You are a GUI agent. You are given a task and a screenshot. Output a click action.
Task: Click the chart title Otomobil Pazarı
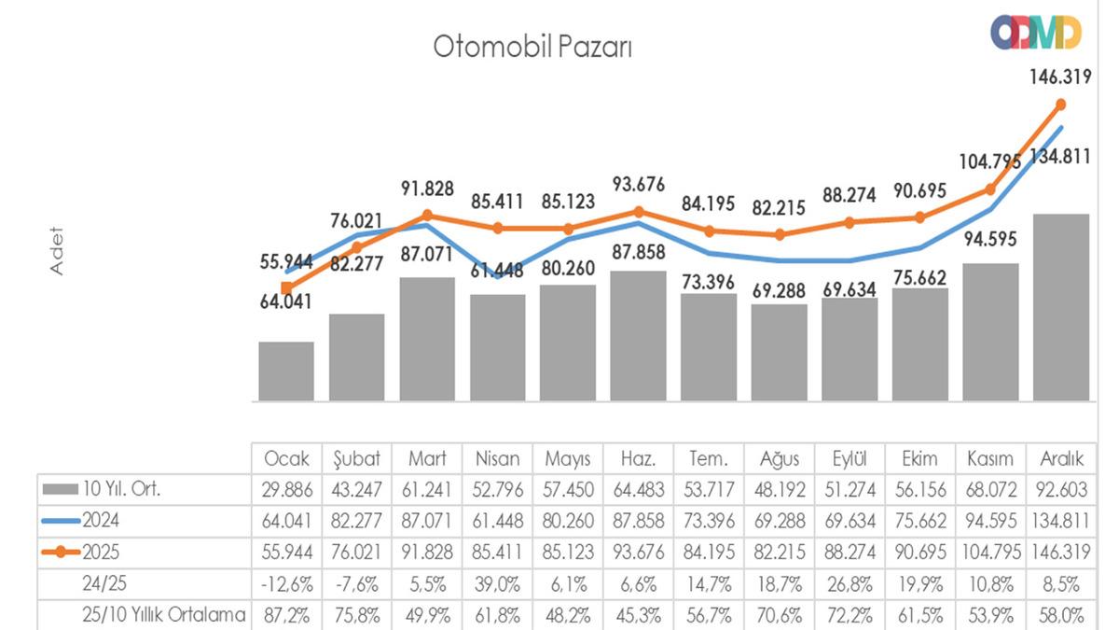[x=532, y=47]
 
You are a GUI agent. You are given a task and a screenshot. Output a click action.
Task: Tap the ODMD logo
[x=1035, y=33]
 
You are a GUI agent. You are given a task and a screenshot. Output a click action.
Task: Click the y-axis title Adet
[x=57, y=250]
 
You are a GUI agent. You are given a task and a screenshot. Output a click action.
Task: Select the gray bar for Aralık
[x=1061, y=308]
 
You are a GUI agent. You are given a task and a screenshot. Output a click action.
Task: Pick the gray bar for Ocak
[x=286, y=371]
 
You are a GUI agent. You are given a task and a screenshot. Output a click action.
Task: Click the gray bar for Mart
[x=427, y=340]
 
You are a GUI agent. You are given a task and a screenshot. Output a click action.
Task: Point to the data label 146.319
[x=1060, y=77]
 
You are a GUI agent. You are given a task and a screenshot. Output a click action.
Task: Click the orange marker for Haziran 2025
[x=639, y=212]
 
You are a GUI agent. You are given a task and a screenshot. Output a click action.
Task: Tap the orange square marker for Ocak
[x=286, y=287]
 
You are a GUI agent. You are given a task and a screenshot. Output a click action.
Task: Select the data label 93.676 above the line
[x=639, y=185]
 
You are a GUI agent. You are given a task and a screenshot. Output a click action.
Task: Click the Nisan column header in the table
[x=498, y=459]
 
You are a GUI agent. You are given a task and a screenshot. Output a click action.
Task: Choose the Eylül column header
[x=850, y=459]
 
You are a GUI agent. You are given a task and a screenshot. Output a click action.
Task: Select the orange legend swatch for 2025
[x=62, y=552]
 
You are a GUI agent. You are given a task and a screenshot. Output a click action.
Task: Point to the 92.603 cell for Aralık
[x=1061, y=489]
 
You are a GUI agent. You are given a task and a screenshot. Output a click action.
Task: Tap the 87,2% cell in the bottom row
[x=286, y=614]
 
